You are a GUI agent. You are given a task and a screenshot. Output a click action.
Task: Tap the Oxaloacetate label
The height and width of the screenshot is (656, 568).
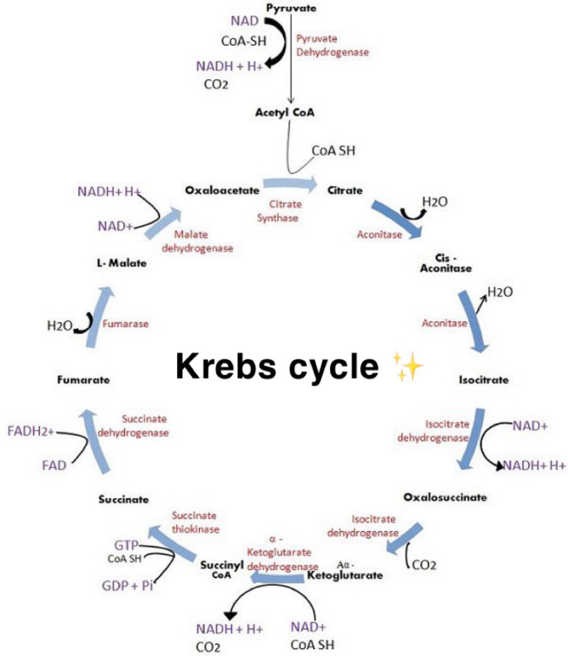click(214, 189)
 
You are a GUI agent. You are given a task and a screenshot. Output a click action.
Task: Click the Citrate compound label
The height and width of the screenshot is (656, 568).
click(344, 189)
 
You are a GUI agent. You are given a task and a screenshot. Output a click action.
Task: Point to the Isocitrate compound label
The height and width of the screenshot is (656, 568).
click(483, 380)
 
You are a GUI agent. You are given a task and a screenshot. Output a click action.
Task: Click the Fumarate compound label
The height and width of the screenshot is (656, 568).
click(83, 380)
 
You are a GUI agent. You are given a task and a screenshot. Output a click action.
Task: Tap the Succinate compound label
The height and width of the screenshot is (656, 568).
click(123, 499)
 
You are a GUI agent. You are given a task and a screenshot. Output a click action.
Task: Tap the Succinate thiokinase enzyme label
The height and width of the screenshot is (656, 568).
click(195, 522)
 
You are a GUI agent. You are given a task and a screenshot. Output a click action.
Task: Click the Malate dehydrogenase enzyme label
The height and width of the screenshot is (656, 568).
click(197, 241)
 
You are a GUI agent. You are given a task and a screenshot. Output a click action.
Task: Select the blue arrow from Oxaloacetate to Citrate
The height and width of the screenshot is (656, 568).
click(290, 184)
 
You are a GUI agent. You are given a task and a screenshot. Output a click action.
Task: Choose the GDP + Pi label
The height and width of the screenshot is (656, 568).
click(128, 585)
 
